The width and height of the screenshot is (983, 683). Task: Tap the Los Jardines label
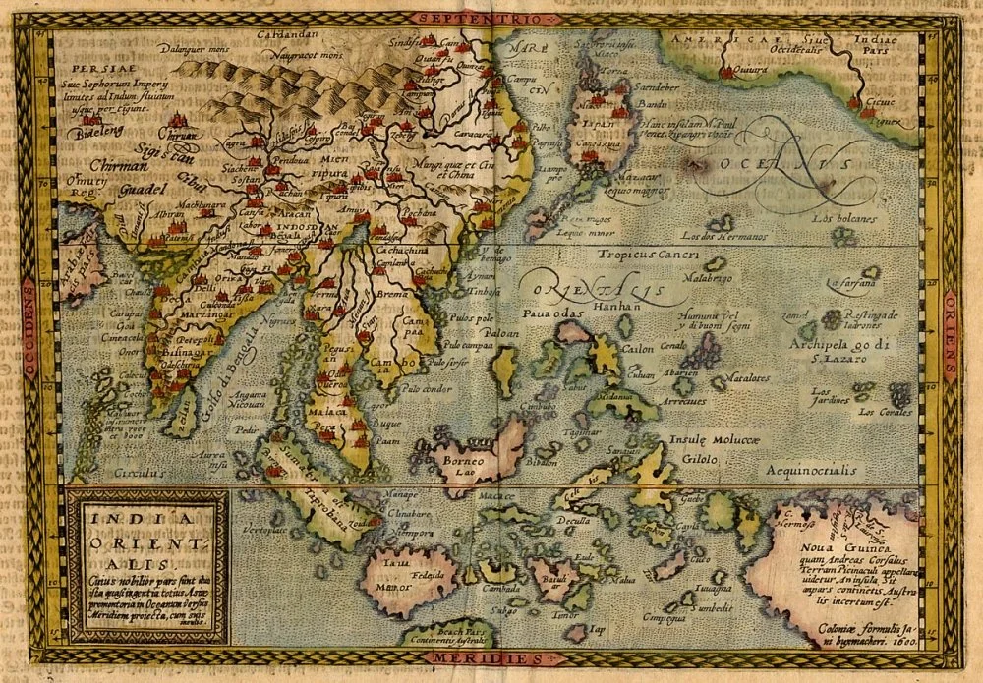click(x=829, y=397)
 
